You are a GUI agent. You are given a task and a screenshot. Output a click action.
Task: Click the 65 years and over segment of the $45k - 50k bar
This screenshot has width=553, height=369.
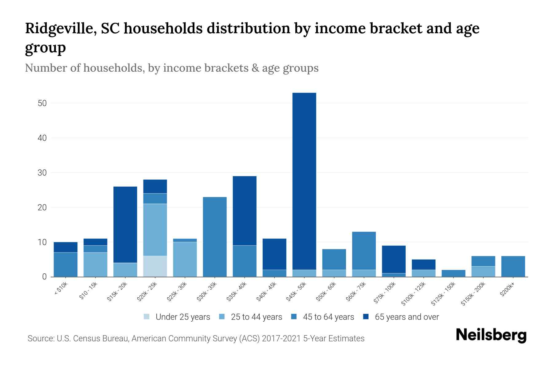coord(304,181)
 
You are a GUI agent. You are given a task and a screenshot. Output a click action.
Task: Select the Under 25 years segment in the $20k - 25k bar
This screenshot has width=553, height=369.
coord(155,266)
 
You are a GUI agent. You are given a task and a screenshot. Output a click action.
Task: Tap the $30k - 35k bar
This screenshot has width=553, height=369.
coord(215,237)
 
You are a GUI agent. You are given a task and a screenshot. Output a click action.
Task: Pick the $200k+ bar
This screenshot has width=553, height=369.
coord(513,266)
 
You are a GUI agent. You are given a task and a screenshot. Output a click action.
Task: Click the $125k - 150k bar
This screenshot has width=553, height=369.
coord(453,273)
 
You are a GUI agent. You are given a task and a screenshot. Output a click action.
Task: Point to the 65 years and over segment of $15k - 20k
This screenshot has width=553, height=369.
coord(125,224)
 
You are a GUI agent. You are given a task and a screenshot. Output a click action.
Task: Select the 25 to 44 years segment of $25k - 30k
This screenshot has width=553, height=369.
coord(185,259)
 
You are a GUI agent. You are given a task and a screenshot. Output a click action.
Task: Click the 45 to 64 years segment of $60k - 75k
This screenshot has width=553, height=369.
coord(364,251)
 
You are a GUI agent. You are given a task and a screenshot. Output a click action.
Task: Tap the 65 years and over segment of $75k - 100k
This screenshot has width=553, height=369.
coord(394,259)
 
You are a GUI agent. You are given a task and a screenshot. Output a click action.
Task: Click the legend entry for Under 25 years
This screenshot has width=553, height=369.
coord(182,317)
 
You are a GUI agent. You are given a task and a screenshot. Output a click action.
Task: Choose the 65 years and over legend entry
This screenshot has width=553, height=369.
coord(406,317)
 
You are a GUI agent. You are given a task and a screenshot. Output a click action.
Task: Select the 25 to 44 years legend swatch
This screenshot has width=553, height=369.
coord(222,317)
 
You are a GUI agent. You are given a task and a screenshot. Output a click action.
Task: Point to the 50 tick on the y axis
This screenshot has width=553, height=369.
coord(42,103)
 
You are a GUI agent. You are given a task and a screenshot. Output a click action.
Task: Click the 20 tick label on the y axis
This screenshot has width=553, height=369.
coord(42,208)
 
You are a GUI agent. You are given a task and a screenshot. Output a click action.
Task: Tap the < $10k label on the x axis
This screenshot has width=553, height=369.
coord(61,289)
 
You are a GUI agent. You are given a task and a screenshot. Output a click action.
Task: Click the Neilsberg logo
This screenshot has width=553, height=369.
coord(491,335)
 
